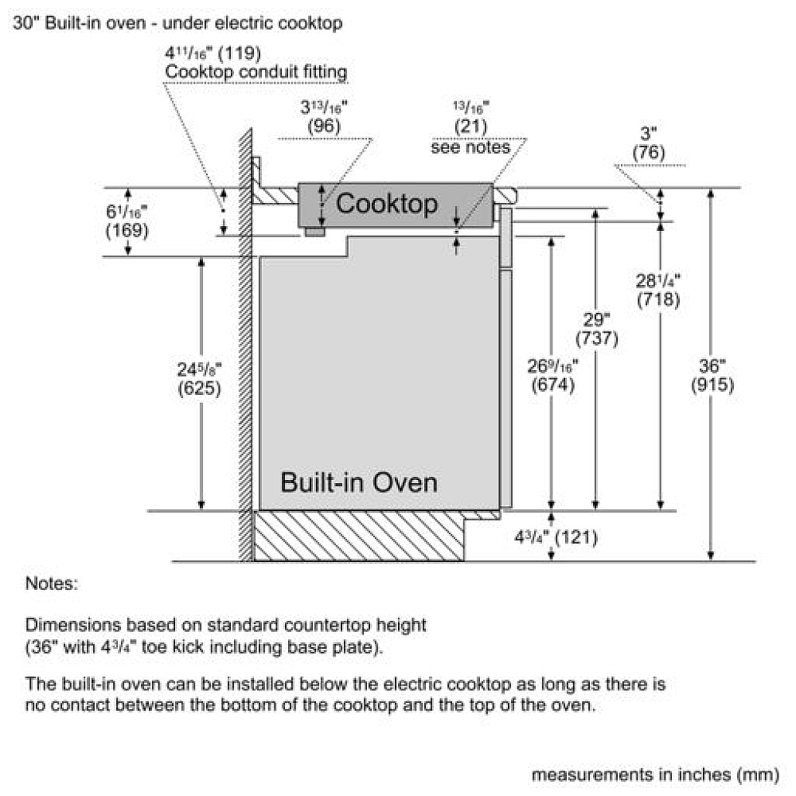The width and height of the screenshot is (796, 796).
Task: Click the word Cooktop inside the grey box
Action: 387,204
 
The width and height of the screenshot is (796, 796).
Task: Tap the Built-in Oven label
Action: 358,482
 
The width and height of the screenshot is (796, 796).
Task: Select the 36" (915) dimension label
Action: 712,376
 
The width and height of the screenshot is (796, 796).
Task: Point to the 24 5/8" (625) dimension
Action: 199,379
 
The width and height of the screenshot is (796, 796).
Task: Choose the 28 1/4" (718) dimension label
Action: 658,291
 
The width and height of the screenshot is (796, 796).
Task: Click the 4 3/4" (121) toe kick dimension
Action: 556,537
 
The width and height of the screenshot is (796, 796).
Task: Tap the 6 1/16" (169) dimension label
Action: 127,222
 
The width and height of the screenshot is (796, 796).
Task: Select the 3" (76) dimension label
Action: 650,144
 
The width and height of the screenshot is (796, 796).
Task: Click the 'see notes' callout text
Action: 470,147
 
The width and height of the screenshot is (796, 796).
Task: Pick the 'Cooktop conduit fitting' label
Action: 256,73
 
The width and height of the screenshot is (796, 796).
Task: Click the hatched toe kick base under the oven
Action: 358,535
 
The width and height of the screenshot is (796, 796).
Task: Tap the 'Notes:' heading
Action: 52,583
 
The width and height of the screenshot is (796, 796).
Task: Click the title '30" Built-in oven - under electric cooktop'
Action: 178,23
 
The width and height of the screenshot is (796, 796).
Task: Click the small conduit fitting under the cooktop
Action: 314,231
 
